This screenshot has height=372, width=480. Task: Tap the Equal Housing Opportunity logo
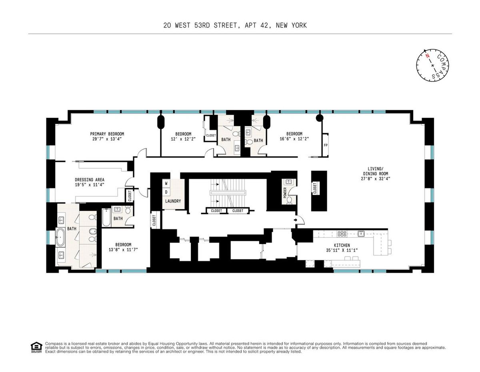[36, 347]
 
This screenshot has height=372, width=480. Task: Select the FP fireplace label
[325, 146]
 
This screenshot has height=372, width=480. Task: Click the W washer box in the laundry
[166, 183]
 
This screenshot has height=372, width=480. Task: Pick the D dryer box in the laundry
[166, 192]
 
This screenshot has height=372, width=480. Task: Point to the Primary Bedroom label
[107, 134]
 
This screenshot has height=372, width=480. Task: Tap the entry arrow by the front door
[296, 220]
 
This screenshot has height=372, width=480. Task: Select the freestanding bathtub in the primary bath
[60, 237]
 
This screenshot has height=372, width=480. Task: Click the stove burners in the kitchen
[342, 234]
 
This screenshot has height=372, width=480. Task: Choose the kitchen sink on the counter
[361, 233]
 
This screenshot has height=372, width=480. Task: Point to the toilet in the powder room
[289, 200]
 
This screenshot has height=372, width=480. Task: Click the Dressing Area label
[90, 180]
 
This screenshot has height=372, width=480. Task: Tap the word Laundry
[173, 201]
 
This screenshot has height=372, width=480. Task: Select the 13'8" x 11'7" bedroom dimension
[123, 250]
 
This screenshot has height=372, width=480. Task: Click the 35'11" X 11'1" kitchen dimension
[342, 250]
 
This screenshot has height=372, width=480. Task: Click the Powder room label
[285, 193]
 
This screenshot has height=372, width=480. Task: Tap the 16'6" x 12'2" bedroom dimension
[294, 139]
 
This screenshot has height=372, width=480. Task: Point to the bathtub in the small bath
[106, 218]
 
